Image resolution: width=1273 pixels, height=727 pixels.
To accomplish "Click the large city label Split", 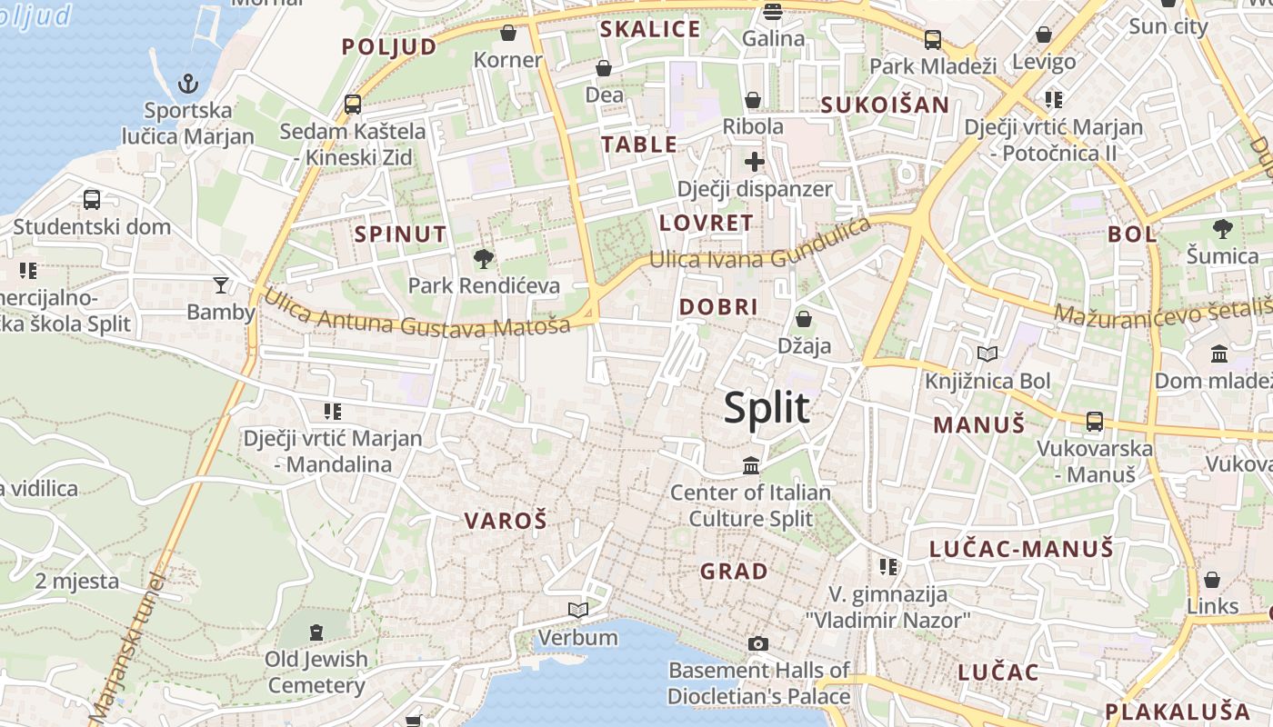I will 767,407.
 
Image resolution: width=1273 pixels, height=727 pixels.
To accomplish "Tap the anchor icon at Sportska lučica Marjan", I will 187,85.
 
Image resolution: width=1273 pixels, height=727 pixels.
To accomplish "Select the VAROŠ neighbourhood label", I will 506,521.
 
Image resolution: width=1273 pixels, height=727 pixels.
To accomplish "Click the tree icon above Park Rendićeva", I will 484,259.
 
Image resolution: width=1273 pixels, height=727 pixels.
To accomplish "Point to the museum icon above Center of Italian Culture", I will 751,466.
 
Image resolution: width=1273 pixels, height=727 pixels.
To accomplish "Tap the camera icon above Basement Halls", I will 757,644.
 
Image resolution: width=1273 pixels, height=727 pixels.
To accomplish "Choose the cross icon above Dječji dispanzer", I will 754,163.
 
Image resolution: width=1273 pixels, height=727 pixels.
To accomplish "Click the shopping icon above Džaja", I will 804,319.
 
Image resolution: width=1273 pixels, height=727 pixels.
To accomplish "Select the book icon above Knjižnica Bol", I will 987,354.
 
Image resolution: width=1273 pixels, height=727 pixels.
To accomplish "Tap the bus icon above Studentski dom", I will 92,200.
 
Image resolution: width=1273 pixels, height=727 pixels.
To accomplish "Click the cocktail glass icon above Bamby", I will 220,285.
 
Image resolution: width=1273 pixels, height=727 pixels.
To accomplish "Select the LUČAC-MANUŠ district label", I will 1021,548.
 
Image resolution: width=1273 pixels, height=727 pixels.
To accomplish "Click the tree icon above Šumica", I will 1222,229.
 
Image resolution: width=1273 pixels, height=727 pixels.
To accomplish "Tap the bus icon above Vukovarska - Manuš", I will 1095,422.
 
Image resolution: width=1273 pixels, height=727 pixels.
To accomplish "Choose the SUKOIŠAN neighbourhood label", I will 885,105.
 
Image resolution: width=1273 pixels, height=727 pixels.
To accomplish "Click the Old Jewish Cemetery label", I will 316,672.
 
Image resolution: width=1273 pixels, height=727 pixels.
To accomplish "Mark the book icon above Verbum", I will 577,610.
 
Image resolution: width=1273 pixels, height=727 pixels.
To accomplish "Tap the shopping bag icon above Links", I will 1212,580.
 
